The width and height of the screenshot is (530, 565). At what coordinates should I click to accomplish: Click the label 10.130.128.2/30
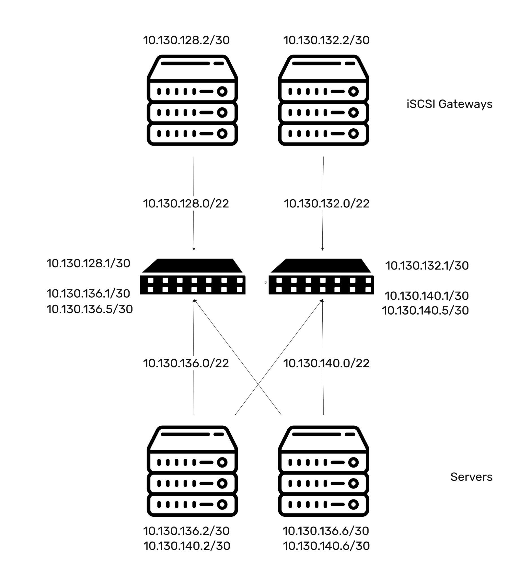click(x=186, y=40)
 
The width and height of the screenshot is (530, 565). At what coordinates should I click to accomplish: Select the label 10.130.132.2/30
click(x=326, y=40)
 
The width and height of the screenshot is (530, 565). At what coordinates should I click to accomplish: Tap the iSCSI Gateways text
click(x=449, y=104)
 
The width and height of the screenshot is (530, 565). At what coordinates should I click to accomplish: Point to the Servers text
click(x=471, y=477)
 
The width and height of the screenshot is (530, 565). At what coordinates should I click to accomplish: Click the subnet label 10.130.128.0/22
click(x=186, y=204)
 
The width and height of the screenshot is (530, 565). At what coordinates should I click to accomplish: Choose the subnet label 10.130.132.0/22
click(x=327, y=204)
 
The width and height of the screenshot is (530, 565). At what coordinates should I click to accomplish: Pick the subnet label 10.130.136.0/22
click(x=186, y=363)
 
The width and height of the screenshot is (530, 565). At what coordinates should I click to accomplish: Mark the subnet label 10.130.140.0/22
click(x=326, y=363)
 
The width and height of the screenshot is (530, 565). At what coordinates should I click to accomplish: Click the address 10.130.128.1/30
click(x=89, y=263)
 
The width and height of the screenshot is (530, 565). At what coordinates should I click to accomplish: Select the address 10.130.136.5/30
click(x=90, y=309)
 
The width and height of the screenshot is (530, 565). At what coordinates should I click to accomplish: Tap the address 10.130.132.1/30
click(x=427, y=266)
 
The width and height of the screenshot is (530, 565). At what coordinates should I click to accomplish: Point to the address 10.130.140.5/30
click(x=425, y=311)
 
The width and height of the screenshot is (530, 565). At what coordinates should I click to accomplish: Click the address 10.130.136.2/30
click(x=186, y=531)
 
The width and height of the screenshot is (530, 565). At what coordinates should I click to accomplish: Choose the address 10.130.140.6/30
click(x=326, y=546)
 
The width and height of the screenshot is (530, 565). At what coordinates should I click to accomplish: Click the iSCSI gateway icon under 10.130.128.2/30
click(x=193, y=100)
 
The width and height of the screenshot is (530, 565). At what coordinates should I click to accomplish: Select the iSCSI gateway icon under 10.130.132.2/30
click(x=324, y=100)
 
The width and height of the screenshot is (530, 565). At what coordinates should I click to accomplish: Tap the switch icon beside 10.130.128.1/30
click(x=193, y=276)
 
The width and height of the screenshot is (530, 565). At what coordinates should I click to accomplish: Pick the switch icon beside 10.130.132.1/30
click(x=321, y=276)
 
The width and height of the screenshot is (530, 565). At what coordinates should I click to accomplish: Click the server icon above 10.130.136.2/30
click(x=193, y=471)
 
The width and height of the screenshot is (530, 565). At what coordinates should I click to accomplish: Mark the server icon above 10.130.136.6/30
click(x=324, y=471)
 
